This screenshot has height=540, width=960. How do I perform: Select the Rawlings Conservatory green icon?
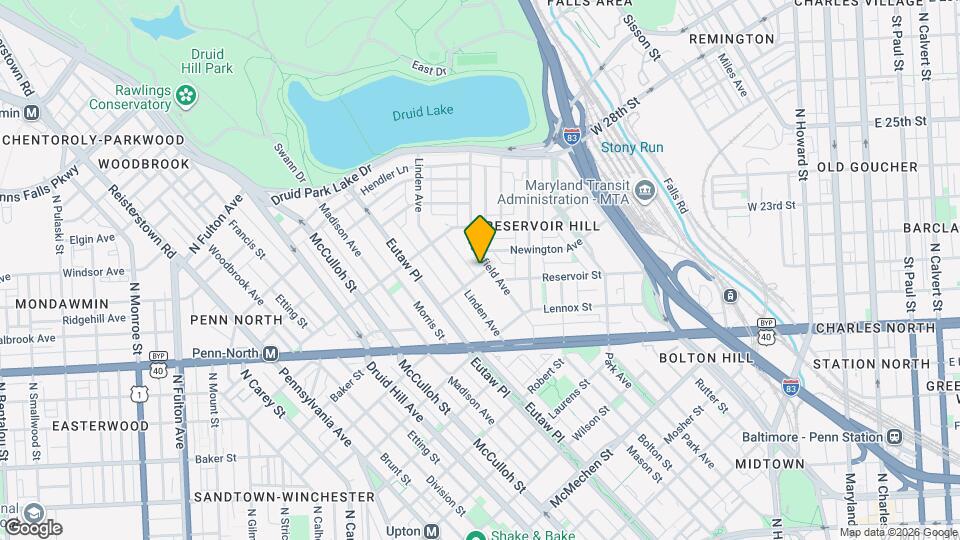tap(186, 96)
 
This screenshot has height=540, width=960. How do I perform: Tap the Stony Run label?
tap(632, 147)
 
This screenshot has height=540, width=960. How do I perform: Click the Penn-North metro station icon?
tap(270, 353)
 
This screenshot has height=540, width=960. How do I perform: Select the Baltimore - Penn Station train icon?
tap(892, 437)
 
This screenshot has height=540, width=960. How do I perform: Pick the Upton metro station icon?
tap(431, 531)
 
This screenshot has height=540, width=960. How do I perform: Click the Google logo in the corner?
tap(32, 527)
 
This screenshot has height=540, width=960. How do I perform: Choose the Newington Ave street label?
tap(546, 248)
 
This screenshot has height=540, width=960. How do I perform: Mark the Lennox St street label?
tap(568, 308)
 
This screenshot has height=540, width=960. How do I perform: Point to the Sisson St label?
tap(642, 35)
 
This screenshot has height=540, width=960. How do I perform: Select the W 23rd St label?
tap(771, 205)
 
